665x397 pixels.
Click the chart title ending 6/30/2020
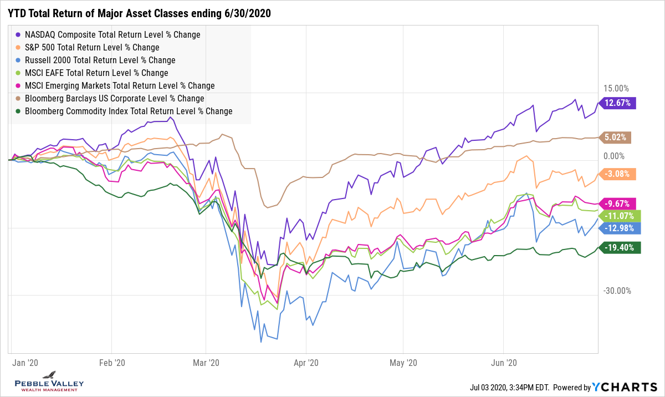click(139, 13)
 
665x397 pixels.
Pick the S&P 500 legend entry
click(92, 47)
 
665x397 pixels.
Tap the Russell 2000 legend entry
click(100, 60)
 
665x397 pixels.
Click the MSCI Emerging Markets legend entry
click(120, 85)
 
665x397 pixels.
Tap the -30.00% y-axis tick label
click(615, 291)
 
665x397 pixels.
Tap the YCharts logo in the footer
click(625, 387)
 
